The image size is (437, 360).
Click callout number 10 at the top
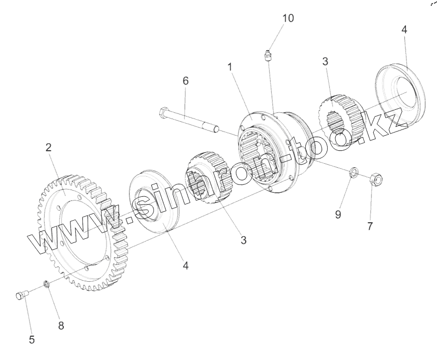click(288, 18)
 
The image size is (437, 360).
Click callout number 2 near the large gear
click(48, 148)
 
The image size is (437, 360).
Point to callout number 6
click(186, 81)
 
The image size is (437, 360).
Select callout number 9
click(337, 214)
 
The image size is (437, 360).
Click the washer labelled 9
click(353, 171)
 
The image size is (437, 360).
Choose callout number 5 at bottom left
click(32, 340)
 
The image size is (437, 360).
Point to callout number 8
click(61, 326)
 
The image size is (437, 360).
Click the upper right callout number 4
click(404, 30)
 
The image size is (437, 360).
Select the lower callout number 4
click(186, 266)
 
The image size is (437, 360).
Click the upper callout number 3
click(325, 62)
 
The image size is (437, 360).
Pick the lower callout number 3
click(243, 240)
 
